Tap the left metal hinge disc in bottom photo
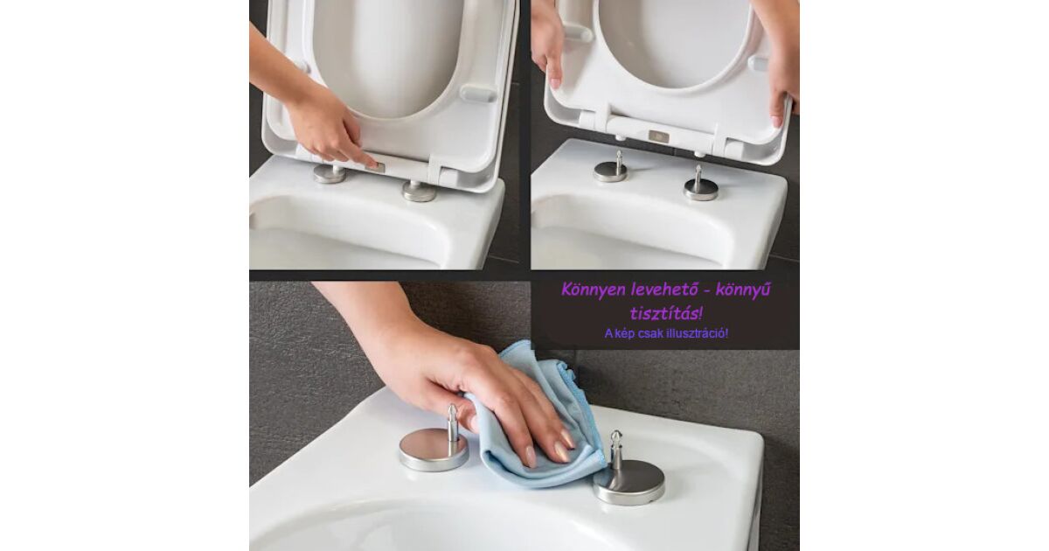(434, 450)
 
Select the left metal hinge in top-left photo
(330, 174)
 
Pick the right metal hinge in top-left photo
(419, 192)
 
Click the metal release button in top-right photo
(659, 136)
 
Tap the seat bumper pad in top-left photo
(478, 94)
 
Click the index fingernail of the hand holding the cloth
(530, 457)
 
